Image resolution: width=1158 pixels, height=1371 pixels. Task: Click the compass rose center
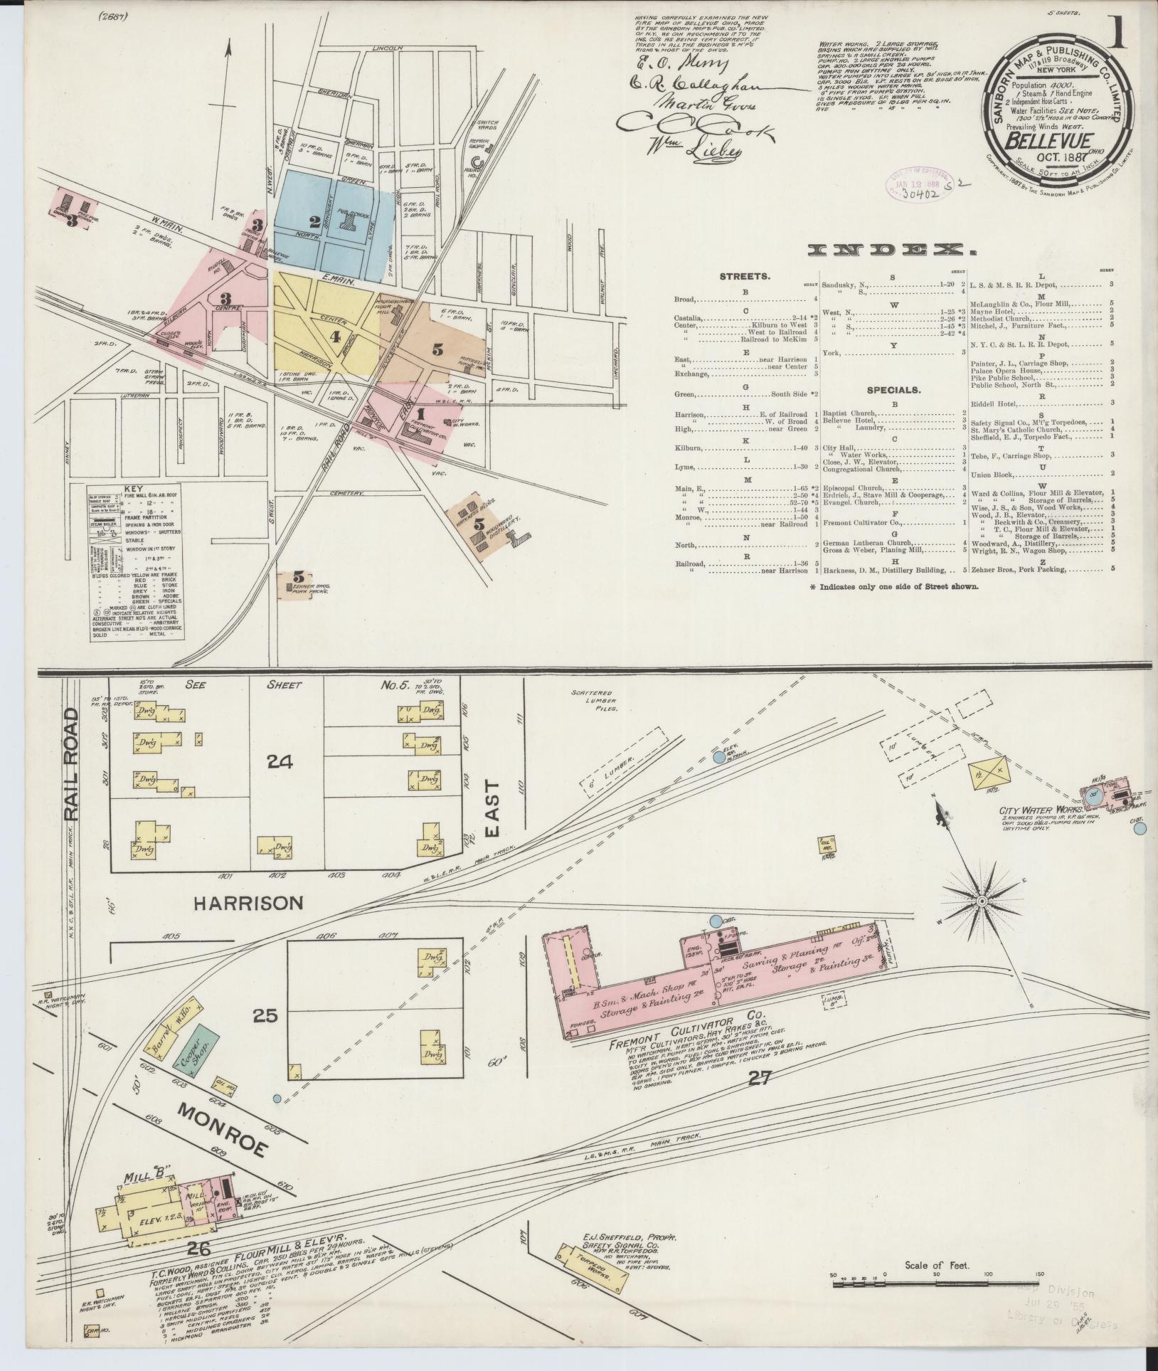tap(982, 902)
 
